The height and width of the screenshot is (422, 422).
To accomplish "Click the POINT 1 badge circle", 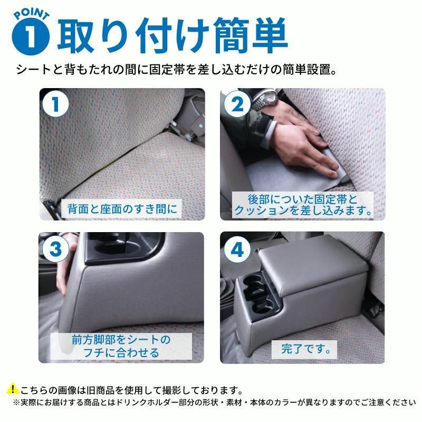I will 33,35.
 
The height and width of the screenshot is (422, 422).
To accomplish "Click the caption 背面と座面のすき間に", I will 121,208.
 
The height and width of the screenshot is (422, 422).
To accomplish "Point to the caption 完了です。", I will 301,348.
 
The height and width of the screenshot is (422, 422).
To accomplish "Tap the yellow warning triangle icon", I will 12,390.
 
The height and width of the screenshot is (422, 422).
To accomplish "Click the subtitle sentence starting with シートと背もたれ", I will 177,69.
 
